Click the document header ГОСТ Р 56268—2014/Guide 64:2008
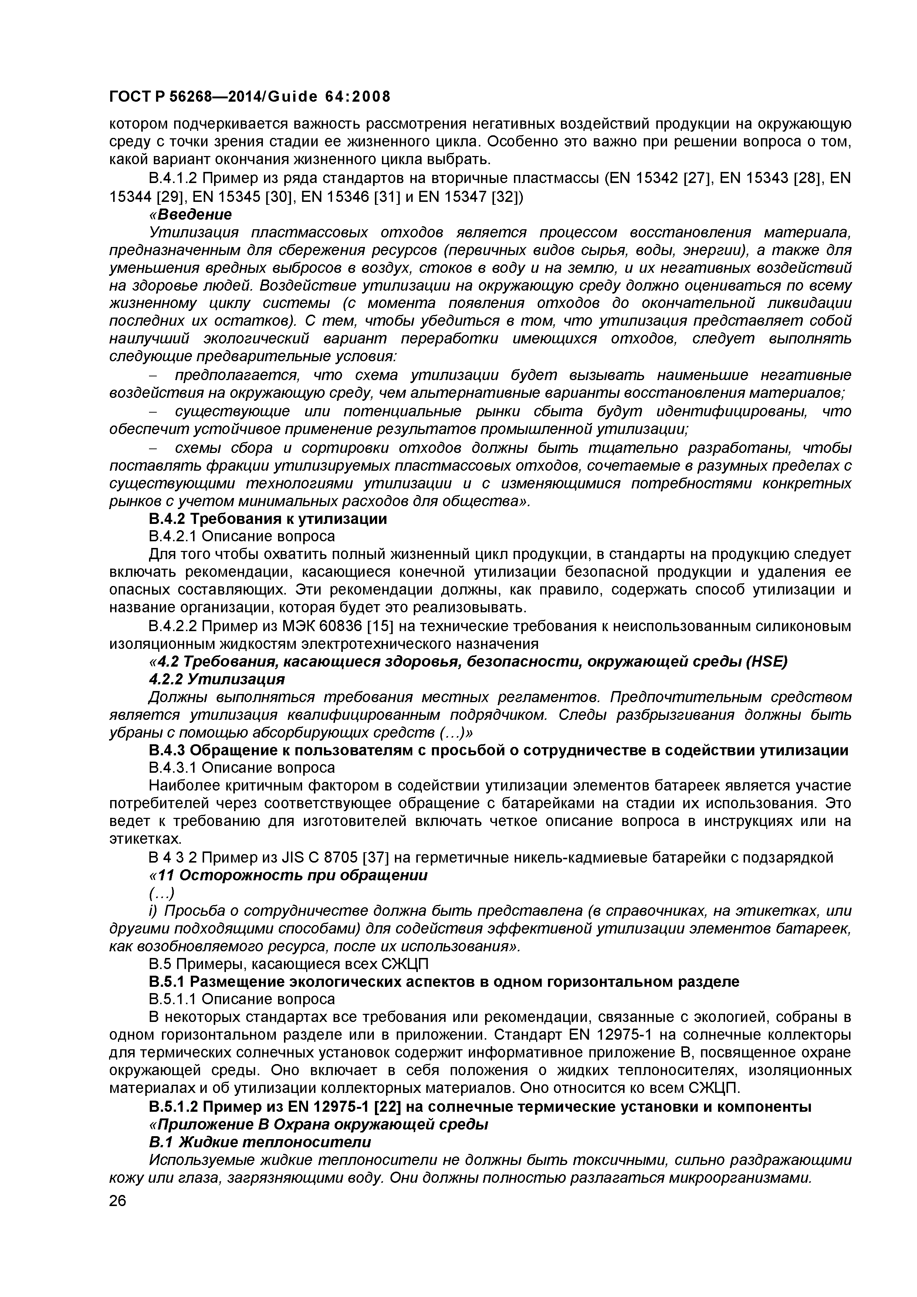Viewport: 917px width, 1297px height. [x=249, y=97]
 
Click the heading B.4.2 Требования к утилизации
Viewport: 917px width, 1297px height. [x=268, y=519]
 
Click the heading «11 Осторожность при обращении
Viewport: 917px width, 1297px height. [x=288, y=876]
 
